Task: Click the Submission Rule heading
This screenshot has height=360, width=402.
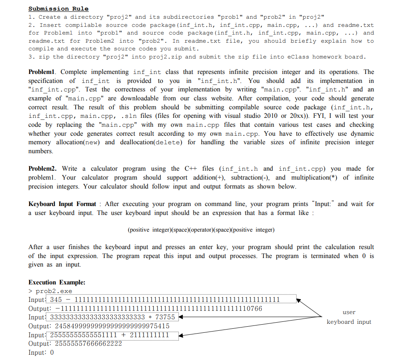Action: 59,9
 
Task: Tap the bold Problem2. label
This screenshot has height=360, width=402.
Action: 43,169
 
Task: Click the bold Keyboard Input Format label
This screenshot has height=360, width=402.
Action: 62,204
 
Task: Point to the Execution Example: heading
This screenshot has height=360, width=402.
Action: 57,282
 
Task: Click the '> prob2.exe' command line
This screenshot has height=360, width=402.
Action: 50,291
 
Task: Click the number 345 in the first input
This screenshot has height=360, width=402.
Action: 55,300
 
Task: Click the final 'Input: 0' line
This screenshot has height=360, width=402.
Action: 41,353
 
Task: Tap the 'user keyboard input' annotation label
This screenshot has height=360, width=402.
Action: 349,317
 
